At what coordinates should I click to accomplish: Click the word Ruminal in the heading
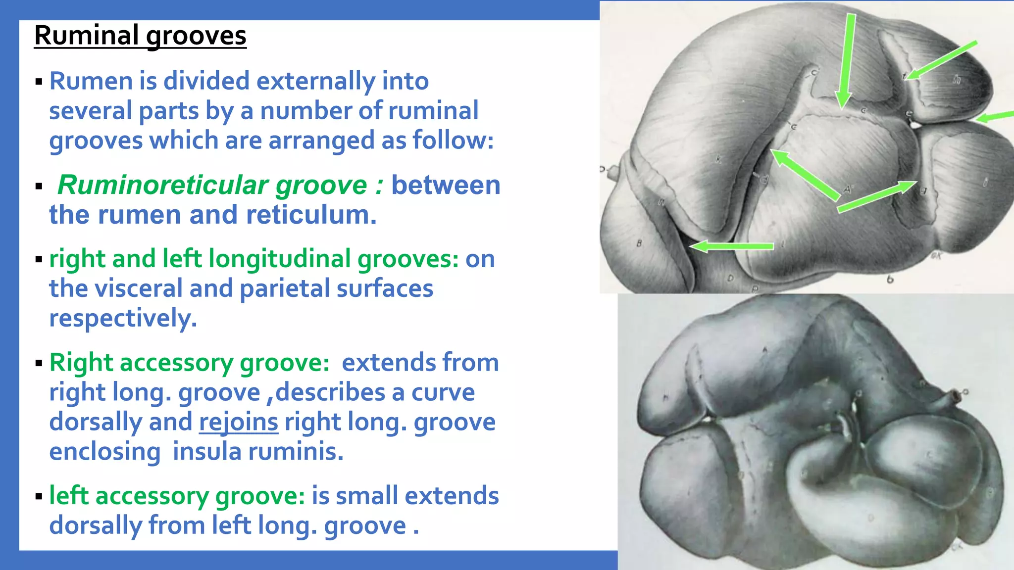tap(86, 36)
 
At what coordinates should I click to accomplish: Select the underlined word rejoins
tap(238, 422)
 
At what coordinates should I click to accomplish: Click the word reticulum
tap(311, 215)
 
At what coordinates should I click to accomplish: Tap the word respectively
tap(123, 318)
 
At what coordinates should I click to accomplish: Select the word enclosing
tap(105, 452)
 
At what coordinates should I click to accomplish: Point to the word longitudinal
tap(280, 259)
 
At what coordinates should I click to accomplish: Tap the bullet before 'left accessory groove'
tap(39, 496)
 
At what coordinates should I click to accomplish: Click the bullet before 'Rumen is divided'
tap(39, 81)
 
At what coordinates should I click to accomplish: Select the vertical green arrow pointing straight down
tap(846, 59)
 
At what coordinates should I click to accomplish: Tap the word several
tap(90, 111)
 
